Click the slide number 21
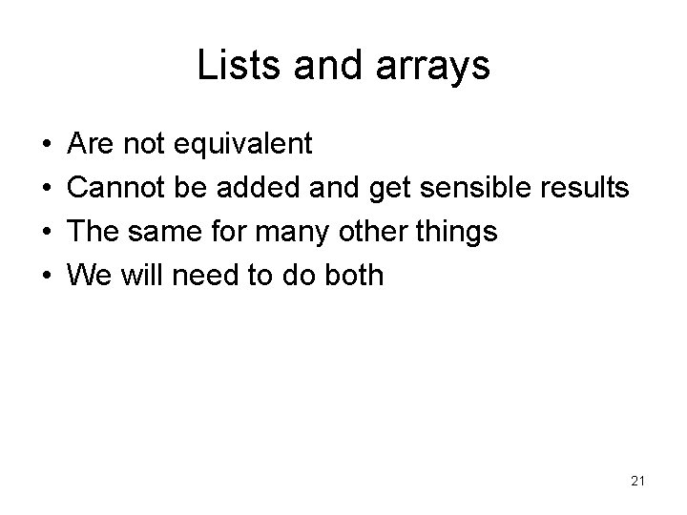638,482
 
